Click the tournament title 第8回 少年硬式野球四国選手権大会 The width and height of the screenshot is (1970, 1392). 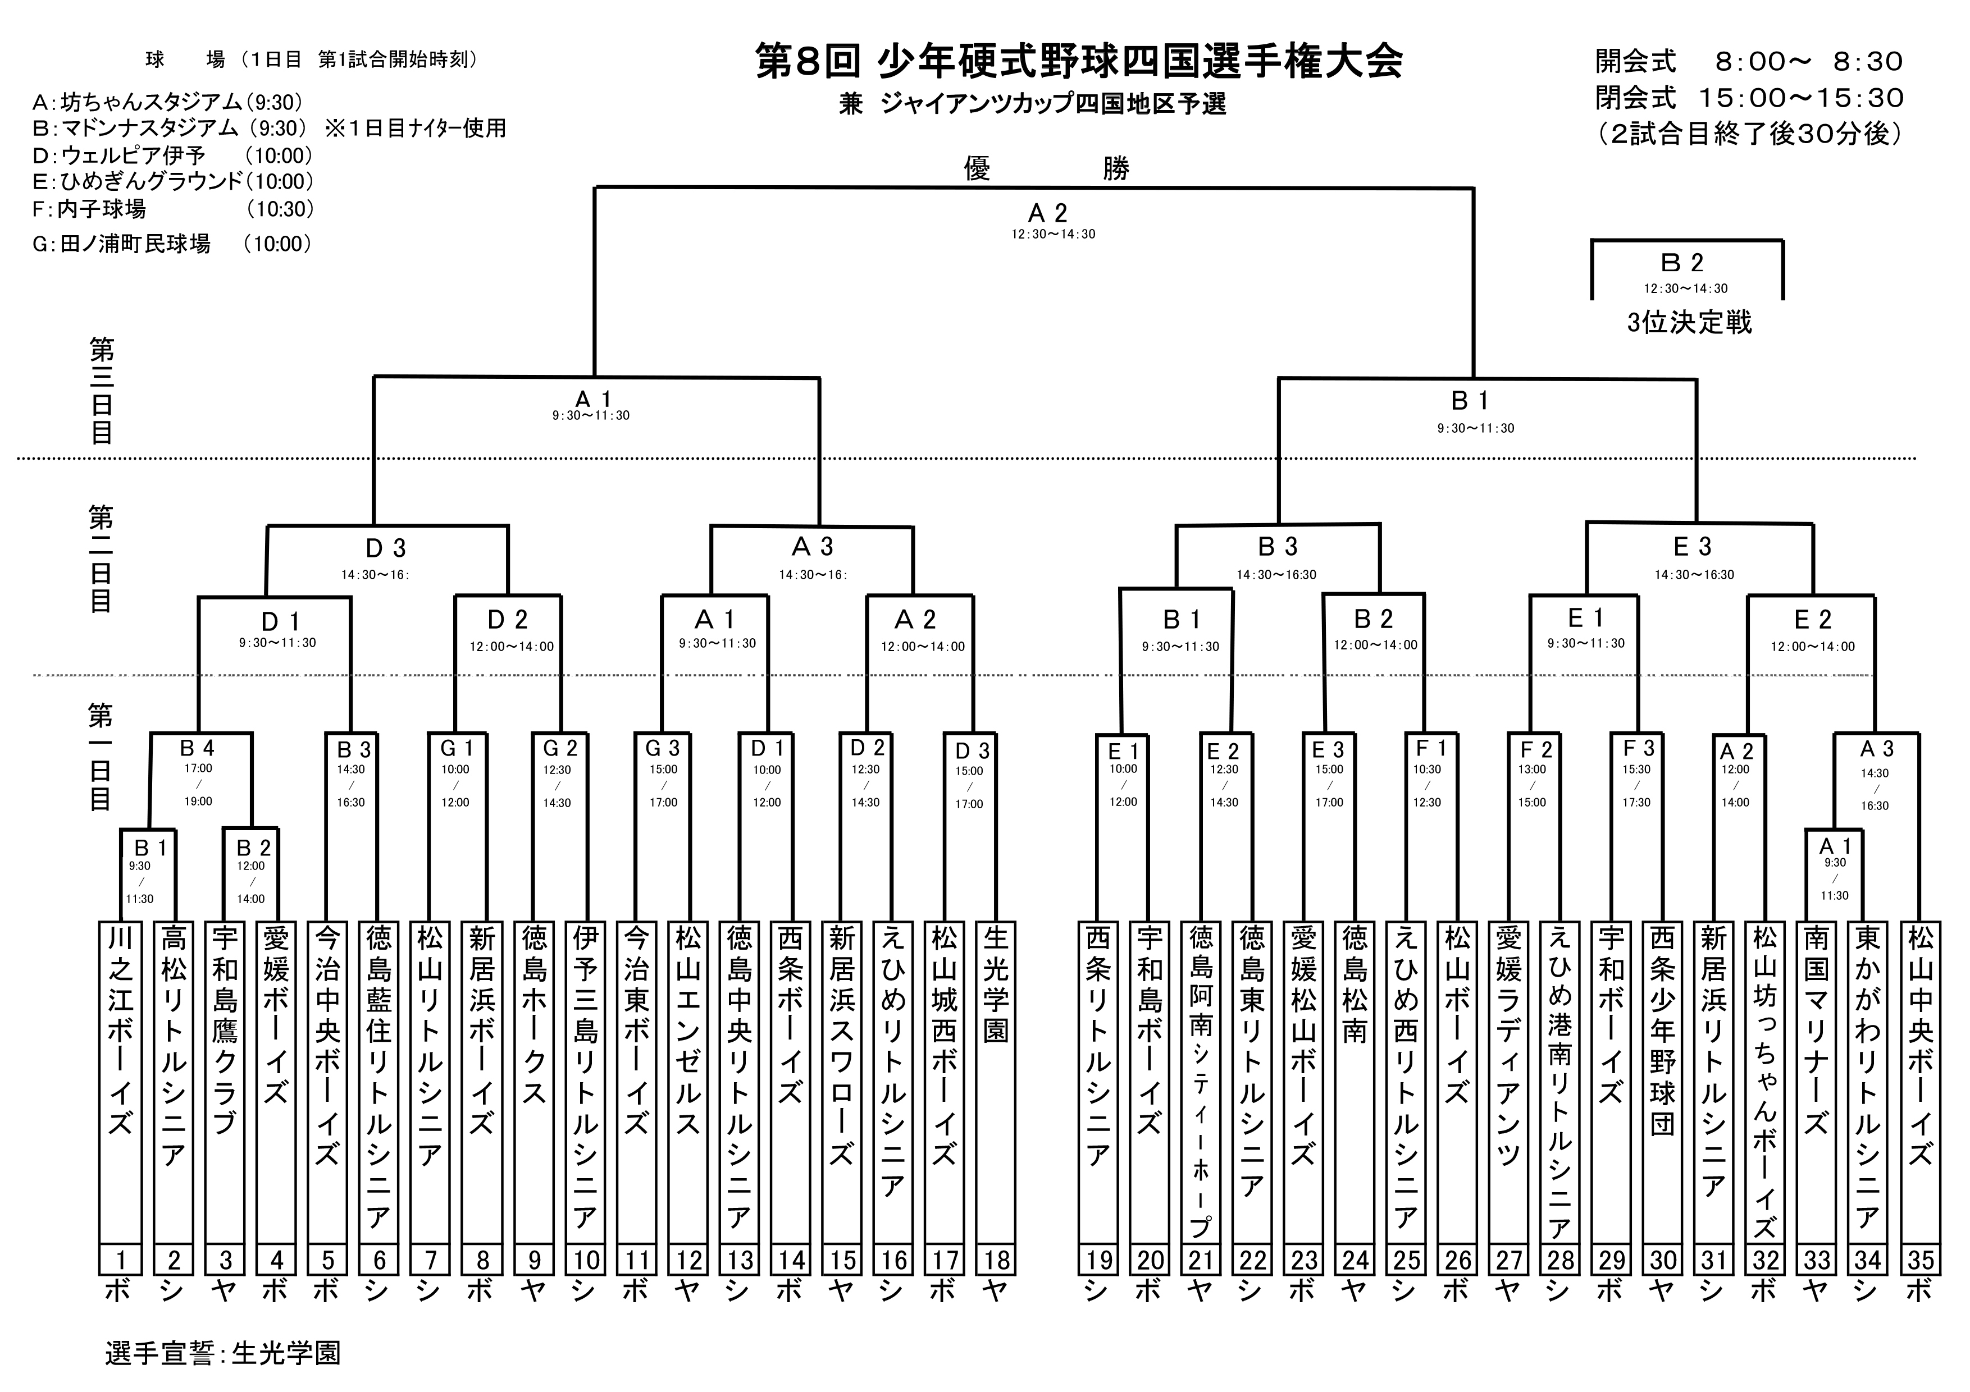tap(1079, 62)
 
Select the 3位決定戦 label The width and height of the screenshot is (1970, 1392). tap(1689, 323)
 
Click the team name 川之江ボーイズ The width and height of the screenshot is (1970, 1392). tap(120, 1029)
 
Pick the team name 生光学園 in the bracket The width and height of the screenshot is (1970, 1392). tap(995, 983)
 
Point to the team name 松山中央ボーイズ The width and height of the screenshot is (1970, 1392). tap(1920, 1046)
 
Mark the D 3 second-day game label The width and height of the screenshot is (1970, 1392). tap(386, 548)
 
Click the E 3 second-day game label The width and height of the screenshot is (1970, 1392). tap(1693, 546)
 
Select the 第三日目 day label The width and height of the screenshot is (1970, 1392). tap(101, 391)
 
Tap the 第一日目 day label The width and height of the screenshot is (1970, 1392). tap(101, 757)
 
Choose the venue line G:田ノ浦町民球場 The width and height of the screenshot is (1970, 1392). tap(122, 244)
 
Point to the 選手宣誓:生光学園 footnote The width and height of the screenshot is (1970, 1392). tap(223, 1353)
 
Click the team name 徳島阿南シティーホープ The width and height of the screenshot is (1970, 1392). tap(1201, 1080)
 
